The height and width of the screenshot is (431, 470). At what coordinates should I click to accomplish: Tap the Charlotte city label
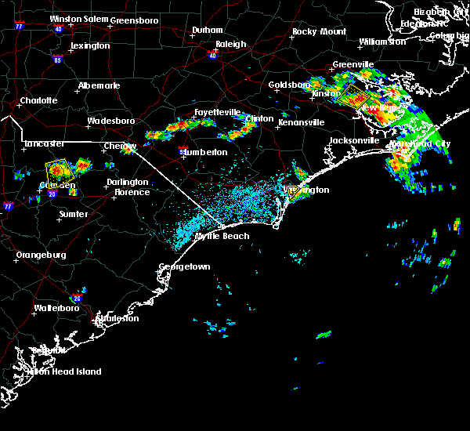[38, 100]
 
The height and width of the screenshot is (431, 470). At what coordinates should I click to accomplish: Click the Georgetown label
[185, 266]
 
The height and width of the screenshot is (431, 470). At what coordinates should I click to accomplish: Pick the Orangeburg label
[41, 255]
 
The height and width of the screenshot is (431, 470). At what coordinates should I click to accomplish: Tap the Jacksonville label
[353, 140]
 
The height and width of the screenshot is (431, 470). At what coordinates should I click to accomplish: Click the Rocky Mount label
[319, 31]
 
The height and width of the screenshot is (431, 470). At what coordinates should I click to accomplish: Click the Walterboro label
[59, 308]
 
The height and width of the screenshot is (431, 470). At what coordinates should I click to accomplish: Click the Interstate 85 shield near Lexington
[57, 59]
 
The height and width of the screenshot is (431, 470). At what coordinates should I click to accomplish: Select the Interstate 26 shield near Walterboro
[77, 298]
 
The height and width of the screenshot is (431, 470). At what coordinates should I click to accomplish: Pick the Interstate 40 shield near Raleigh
[213, 56]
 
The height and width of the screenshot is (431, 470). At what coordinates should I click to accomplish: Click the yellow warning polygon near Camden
[57, 168]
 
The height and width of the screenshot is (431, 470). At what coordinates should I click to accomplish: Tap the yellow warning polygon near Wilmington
[293, 191]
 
